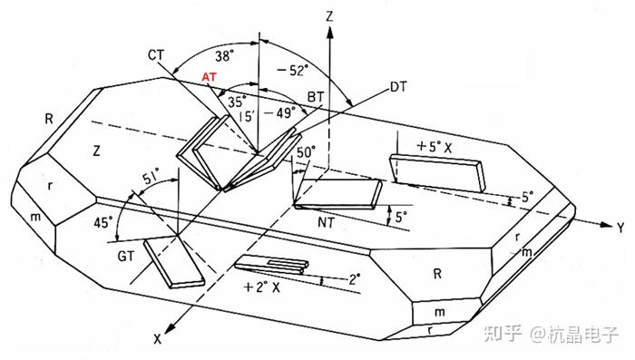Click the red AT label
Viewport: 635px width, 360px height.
click(209, 76)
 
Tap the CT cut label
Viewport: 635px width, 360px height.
click(155, 54)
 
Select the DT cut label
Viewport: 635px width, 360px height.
click(398, 87)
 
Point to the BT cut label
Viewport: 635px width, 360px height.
click(316, 97)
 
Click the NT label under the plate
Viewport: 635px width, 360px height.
click(326, 222)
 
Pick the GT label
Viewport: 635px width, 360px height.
click(125, 256)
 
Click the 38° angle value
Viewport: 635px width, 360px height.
click(225, 56)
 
